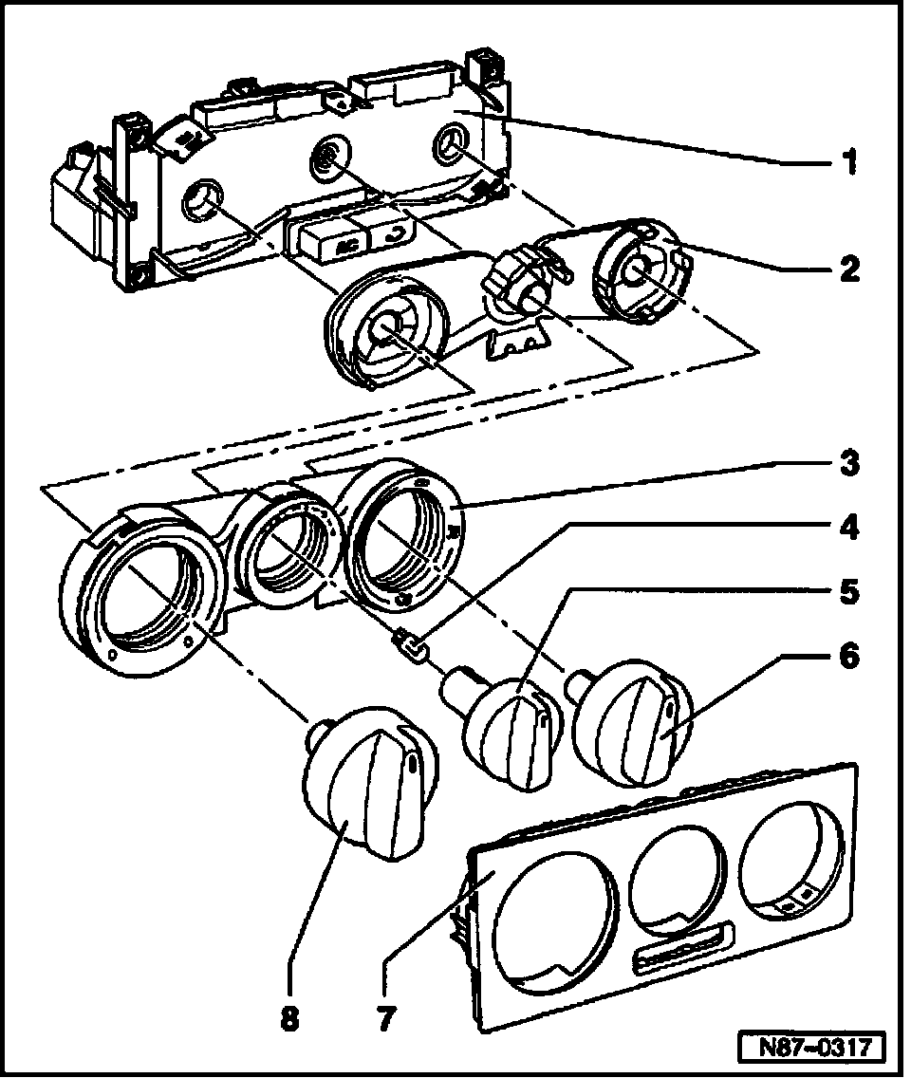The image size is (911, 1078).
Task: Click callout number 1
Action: pos(849,160)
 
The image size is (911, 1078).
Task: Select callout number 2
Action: pos(849,269)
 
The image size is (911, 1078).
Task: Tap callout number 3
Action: pos(849,465)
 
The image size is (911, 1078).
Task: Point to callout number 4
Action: pos(849,527)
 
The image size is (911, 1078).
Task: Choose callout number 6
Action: pos(849,657)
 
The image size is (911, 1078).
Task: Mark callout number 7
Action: pos(387,1021)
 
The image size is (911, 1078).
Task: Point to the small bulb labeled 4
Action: pos(415,648)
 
